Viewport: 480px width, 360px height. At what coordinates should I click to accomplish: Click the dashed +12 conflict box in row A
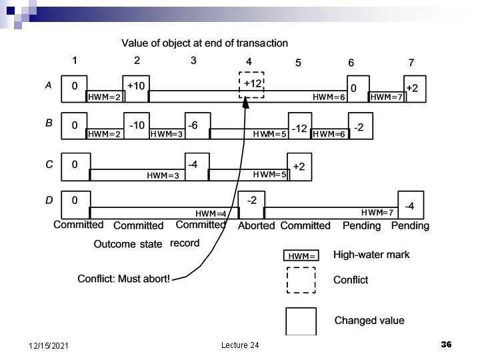click(x=252, y=85)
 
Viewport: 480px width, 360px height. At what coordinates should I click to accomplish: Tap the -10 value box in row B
click(x=137, y=125)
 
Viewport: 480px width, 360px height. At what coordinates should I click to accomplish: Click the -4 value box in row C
click(x=193, y=164)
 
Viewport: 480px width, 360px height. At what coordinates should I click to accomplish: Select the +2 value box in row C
click(x=299, y=166)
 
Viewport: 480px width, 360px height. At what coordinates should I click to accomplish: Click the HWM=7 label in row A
click(x=386, y=97)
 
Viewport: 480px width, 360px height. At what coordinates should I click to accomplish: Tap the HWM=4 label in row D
click(x=211, y=213)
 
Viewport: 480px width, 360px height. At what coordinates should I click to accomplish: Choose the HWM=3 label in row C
click(x=163, y=175)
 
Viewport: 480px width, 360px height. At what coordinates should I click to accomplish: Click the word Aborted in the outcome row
click(x=256, y=225)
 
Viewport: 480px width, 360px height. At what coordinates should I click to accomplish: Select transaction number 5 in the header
click(x=298, y=63)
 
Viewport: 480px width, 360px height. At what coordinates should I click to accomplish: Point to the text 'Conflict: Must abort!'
click(x=124, y=279)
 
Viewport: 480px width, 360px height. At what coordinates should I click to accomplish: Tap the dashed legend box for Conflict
click(x=301, y=280)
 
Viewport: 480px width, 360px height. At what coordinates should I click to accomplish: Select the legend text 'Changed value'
click(x=369, y=321)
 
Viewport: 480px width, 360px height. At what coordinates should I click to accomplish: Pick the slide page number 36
click(x=446, y=344)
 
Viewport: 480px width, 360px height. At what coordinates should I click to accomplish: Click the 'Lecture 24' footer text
click(x=240, y=345)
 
